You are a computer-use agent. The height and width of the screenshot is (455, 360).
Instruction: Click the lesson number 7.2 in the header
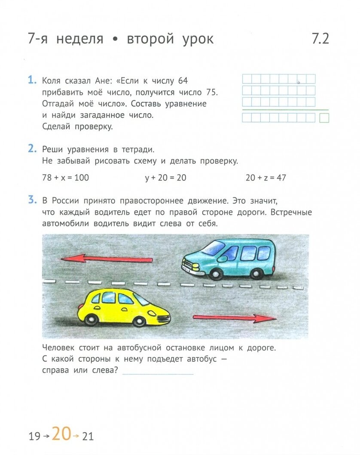320,39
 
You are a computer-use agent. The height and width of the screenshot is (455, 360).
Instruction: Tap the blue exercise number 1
31,80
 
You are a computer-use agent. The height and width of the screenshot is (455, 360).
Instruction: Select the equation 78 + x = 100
66,178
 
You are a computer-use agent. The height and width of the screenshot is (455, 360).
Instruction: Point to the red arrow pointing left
106,259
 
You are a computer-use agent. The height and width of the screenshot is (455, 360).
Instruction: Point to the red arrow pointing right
234,318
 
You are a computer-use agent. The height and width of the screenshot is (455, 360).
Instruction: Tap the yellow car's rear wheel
91,319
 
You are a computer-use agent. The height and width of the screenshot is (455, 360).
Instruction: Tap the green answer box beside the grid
324,118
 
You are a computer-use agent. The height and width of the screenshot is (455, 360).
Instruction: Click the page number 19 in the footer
34,437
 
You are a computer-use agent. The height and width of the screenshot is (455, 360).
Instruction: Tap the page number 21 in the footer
88,437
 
